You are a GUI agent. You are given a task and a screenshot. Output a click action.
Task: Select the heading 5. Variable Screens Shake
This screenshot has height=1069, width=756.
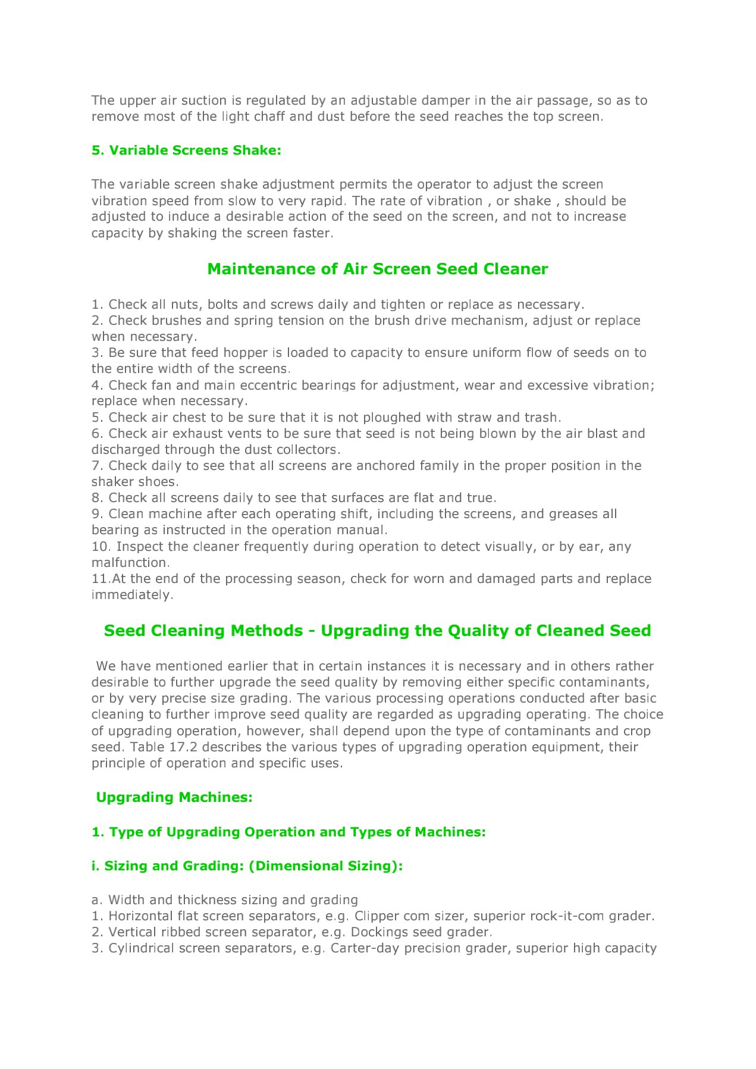186,151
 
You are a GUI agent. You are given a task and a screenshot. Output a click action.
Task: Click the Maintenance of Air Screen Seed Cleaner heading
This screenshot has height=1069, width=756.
377,269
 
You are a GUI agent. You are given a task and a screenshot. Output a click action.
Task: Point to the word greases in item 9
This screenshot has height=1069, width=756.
569,514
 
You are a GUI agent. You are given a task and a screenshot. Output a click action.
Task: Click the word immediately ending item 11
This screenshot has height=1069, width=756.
131,595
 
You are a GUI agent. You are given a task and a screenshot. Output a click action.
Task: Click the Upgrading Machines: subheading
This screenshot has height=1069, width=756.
174,797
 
